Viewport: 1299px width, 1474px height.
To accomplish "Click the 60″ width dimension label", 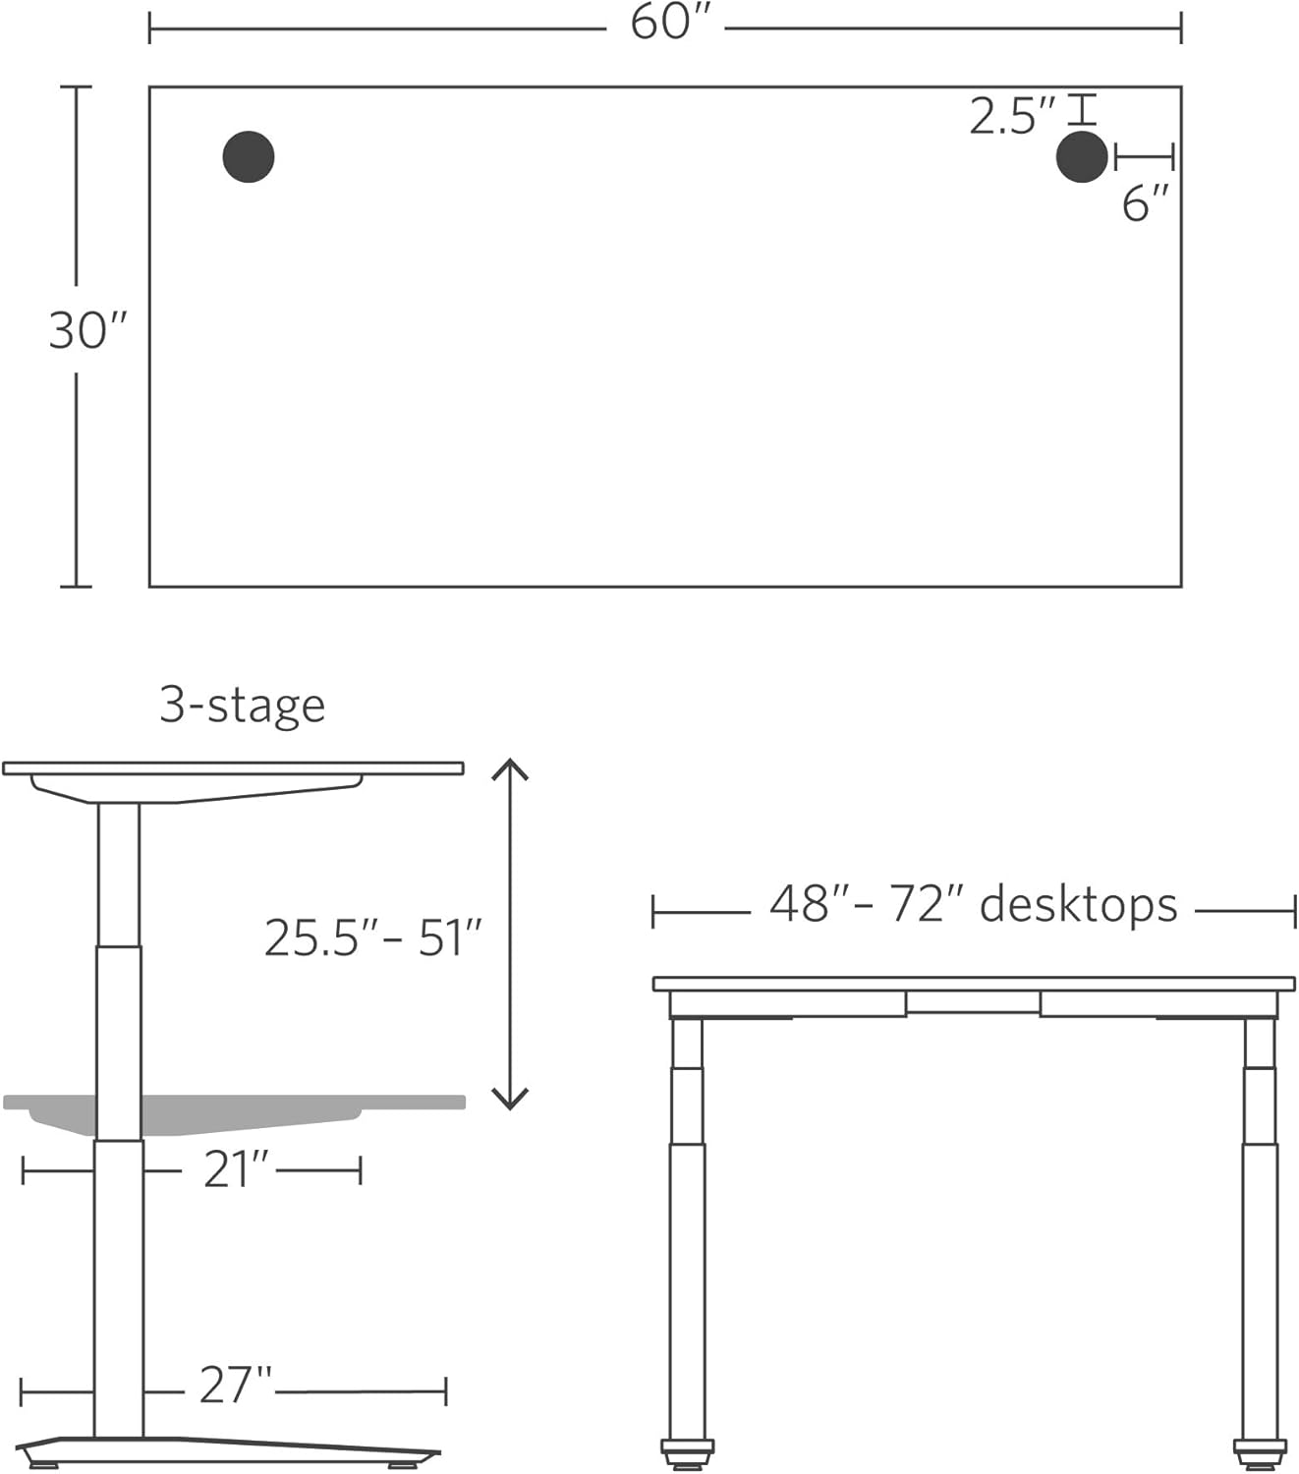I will pyautogui.click(x=664, y=24).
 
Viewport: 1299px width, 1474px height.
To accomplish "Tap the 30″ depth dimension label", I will pyautogui.click(x=86, y=331).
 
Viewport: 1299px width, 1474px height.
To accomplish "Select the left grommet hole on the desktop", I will pyautogui.click(x=248, y=157).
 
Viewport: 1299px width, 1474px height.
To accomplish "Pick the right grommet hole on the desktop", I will pyautogui.click(x=1081, y=157).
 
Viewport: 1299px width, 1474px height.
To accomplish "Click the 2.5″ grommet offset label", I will pyautogui.click(x=1010, y=117).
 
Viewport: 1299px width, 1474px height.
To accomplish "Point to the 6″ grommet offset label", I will pyautogui.click(x=1145, y=204).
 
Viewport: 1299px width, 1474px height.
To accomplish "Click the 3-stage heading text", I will pyautogui.click(x=242, y=706).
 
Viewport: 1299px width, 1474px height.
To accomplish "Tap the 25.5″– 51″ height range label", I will pyautogui.click(x=372, y=937).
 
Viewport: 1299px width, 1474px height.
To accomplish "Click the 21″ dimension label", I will pyautogui.click(x=236, y=1169).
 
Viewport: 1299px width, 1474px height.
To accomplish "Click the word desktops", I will pyautogui.click(x=1078, y=905).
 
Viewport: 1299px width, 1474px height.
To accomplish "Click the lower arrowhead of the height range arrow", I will pyautogui.click(x=510, y=1101).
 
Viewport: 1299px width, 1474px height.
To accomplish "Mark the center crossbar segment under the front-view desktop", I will pyautogui.click(x=973, y=1002).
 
